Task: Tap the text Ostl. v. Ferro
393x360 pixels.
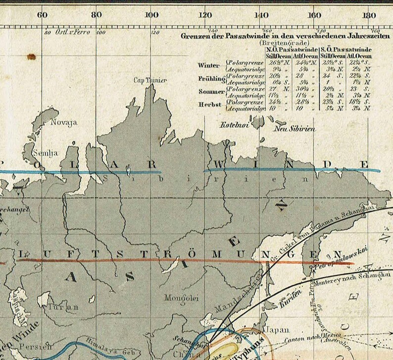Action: click(x=73, y=32)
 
